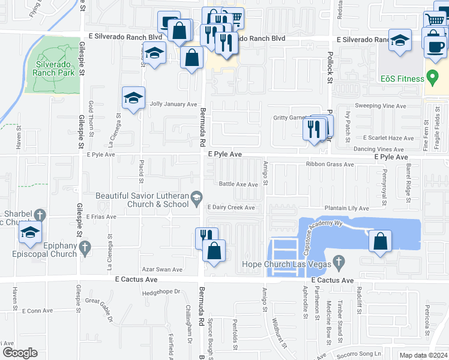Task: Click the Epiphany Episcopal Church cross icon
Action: coord(85,247)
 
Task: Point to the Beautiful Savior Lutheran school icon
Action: coord(196,196)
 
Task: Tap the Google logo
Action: coord(19,353)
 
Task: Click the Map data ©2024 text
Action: coord(423,355)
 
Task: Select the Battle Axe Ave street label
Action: coord(238,184)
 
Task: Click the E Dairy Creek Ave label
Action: coord(231,208)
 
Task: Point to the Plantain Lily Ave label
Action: coord(346,208)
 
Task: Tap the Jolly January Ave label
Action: coord(173,104)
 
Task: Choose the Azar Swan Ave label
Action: coord(161,270)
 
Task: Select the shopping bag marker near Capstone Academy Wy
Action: coord(380,242)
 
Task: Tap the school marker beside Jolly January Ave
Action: coord(133,98)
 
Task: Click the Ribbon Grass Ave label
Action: coord(330,164)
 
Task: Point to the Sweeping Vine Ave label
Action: coord(385,105)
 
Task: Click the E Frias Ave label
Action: coord(100,216)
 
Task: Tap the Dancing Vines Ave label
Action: coord(379,149)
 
